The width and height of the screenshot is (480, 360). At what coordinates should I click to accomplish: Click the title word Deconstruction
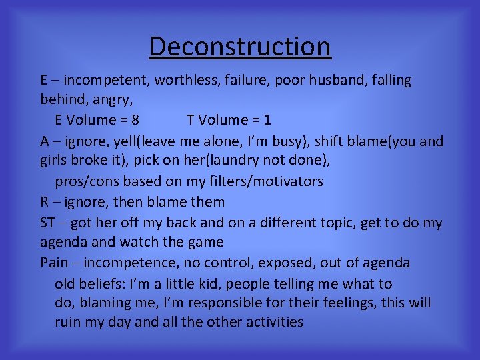point(240,47)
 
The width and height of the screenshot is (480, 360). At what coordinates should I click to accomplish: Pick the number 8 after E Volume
point(135,121)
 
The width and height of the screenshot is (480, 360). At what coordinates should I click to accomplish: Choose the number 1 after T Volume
point(267,121)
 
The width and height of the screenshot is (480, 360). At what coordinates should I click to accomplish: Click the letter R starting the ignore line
point(44,201)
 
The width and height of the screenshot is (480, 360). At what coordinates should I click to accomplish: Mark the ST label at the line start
point(47,222)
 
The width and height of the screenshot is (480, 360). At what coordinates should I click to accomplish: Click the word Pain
point(54,263)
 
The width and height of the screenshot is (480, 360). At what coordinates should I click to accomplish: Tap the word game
point(207,242)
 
